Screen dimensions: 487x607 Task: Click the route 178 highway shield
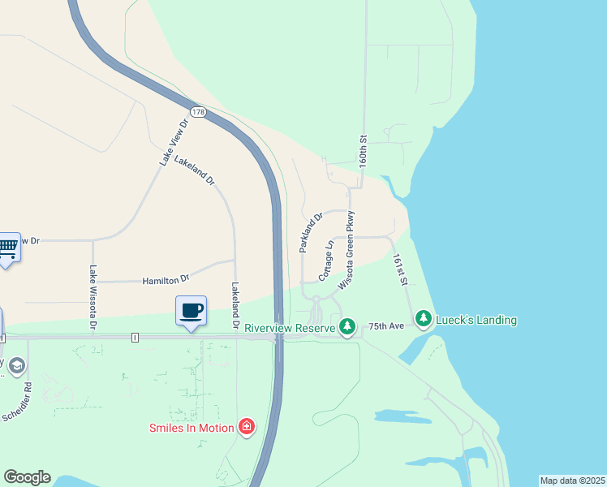[198, 110]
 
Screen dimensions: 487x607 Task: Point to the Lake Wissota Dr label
[93, 298]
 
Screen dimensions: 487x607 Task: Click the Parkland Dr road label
[312, 232]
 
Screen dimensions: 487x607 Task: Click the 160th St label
[364, 152]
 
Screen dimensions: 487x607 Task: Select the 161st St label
[398, 270]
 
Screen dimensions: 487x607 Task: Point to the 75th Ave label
[386, 325]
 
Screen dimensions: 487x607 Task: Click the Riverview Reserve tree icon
[347, 327]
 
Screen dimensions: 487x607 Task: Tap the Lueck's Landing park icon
[423, 320]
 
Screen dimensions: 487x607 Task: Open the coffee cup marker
[192, 311]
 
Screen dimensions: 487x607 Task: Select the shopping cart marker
[7, 247]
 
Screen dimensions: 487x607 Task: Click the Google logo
[27, 477]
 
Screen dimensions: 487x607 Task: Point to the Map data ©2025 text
[572, 481]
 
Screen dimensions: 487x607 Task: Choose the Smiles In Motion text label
[192, 428]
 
